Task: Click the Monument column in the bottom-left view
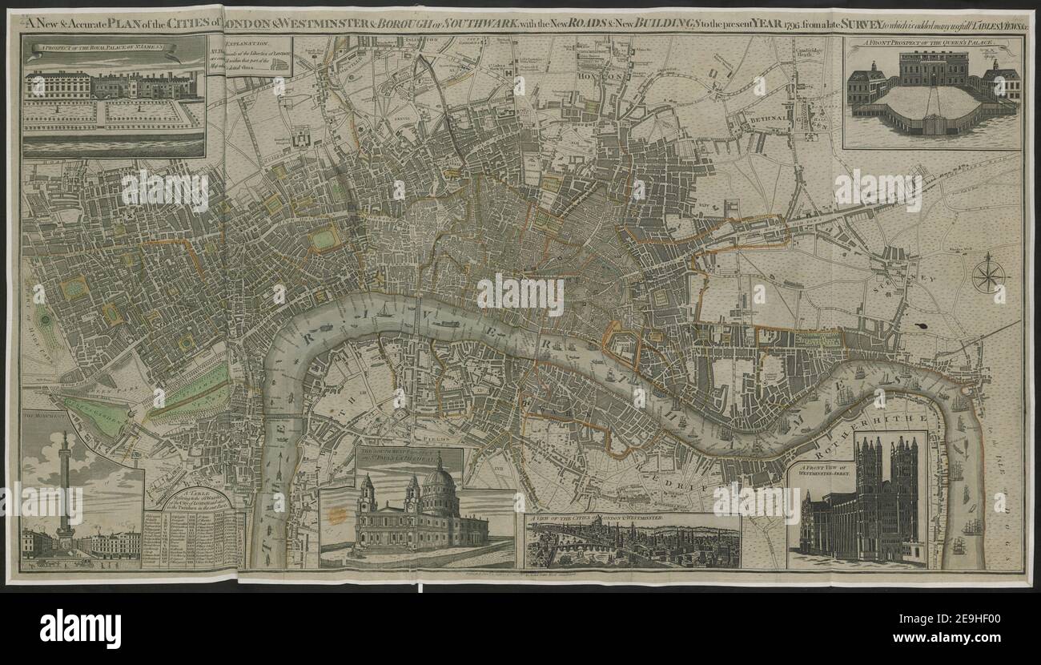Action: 64,489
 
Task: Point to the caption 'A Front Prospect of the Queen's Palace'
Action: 931,44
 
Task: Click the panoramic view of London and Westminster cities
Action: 632,545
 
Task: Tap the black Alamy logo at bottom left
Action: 81,627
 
